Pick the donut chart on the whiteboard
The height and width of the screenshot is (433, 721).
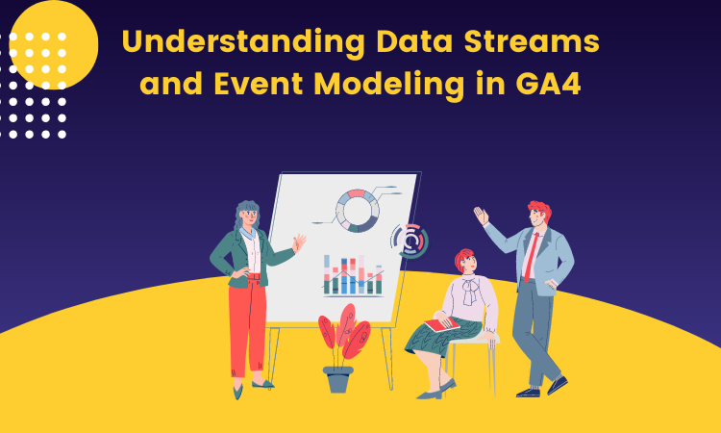pos(357,210)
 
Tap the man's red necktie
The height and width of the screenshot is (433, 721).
pos(530,255)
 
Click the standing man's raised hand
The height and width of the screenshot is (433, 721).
pos(482,216)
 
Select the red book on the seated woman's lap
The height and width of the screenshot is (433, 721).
pos(441,324)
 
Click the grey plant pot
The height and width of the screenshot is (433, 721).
pos(337,378)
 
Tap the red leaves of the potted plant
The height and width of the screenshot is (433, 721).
pos(343,332)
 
